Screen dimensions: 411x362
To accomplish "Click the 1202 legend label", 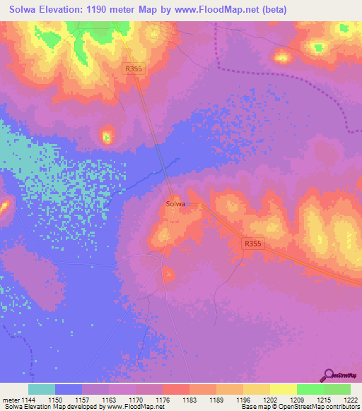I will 269,400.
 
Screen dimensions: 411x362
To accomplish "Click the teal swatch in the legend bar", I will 42,389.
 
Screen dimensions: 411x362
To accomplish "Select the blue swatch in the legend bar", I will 69,389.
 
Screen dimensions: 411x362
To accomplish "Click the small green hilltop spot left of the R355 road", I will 107,136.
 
